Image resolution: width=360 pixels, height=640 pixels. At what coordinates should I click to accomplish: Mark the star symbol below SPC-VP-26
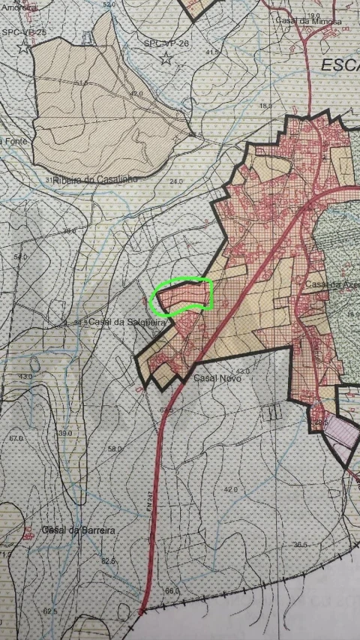click(166, 60)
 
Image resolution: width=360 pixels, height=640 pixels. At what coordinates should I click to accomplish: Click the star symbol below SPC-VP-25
click(24, 48)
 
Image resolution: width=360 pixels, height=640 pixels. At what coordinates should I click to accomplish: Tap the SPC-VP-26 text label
click(166, 44)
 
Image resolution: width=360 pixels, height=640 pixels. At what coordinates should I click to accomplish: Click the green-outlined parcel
click(183, 296)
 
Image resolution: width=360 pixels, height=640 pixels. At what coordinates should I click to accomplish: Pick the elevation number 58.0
click(115, 449)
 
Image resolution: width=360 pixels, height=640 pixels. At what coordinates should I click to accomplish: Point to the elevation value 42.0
click(230, 488)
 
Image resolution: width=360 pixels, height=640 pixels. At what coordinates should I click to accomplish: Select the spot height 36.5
click(301, 545)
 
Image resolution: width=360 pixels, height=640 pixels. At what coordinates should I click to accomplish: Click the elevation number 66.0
click(172, 591)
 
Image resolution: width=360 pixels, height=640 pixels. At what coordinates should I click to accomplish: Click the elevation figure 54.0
click(20, 256)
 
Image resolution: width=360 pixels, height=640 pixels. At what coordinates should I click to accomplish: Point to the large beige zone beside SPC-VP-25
click(105, 105)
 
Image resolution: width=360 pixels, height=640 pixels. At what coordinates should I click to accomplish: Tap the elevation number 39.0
click(64, 433)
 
